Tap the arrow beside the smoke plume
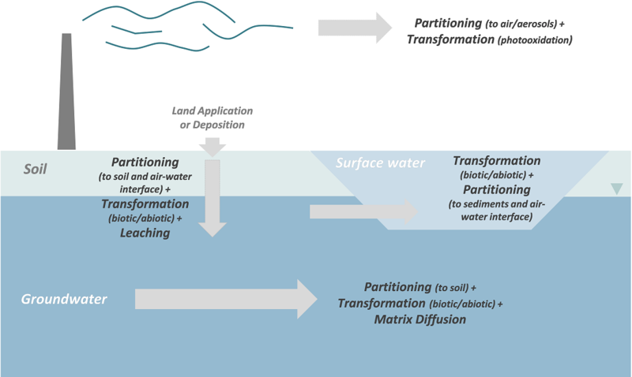355,27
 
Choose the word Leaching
145,233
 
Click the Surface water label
380,163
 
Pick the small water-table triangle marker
616,188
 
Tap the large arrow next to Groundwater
225,299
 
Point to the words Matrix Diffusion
420,319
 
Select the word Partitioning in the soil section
145,161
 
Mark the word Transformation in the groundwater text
382,303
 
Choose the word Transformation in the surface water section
497,161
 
